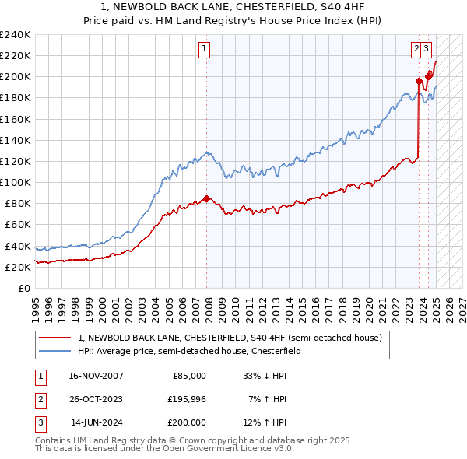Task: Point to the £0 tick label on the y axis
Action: point(24,288)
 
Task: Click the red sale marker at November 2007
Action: point(206,198)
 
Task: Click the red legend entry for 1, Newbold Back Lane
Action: point(230,338)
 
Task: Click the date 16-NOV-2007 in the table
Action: point(96,375)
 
